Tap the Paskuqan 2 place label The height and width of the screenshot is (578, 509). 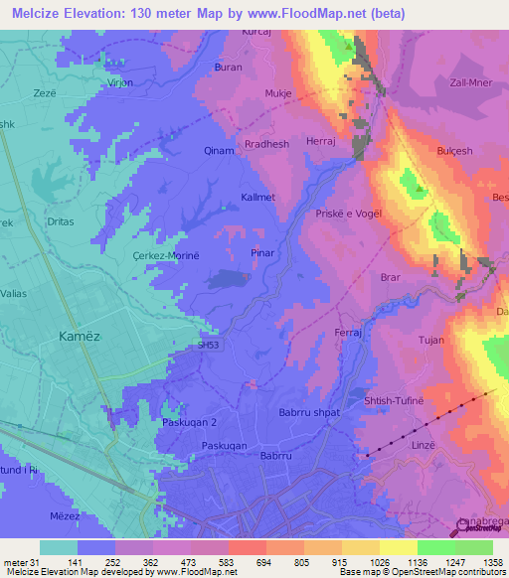click(190, 422)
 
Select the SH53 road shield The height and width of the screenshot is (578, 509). click(208, 345)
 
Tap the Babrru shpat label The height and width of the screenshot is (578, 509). click(309, 412)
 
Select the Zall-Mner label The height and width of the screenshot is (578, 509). click(473, 83)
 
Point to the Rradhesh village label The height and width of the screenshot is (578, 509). click(266, 144)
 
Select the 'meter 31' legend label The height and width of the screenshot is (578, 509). click(19, 561)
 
